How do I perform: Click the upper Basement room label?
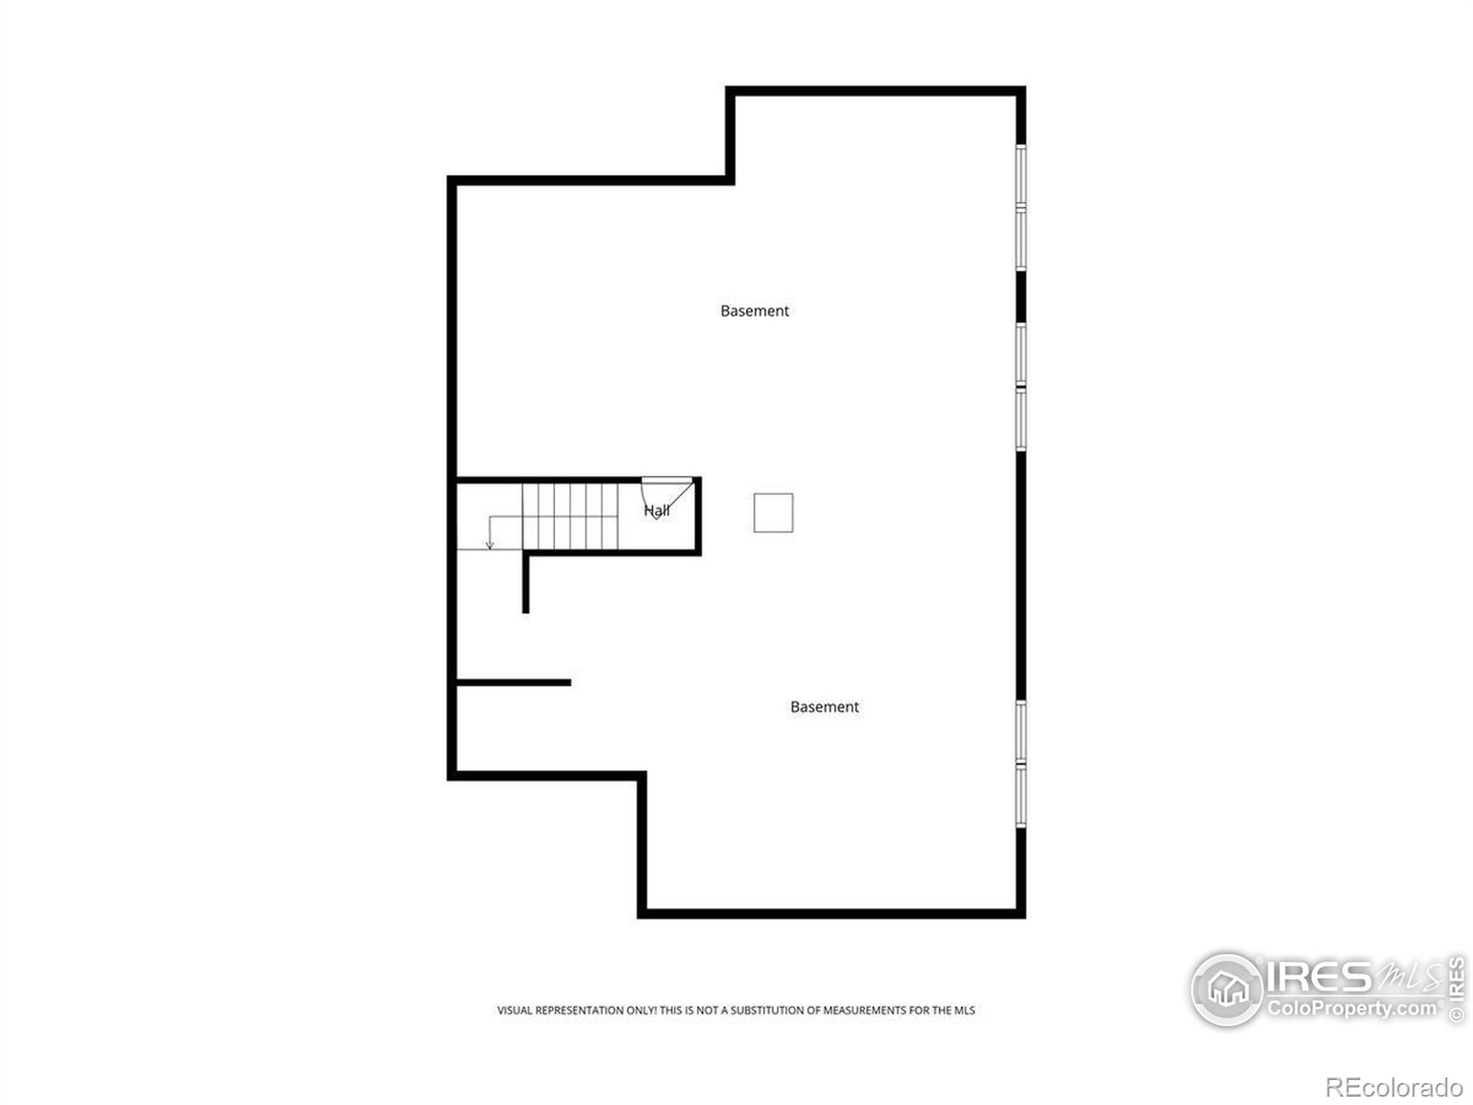754,310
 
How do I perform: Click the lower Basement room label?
824,706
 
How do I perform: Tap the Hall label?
656,510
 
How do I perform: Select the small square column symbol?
773,513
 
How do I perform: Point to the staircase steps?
570,516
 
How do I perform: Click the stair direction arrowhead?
490,545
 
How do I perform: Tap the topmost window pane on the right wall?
1020,174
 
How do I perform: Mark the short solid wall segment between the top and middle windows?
1021,297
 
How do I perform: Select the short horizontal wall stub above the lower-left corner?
514,682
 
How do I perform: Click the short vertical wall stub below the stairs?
526,583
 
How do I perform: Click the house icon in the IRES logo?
1227,989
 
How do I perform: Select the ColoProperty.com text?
1353,1008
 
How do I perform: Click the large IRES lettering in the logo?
1318,977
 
